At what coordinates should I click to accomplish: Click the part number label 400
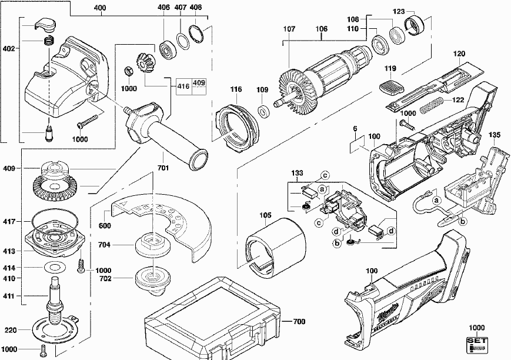pyautogui.click(x=100, y=8)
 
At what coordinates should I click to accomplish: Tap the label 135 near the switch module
pyautogui.click(x=495, y=135)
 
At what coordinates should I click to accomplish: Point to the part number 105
pyautogui.click(x=266, y=215)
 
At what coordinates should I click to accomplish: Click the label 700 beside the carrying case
pyautogui.click(x=299, y=322)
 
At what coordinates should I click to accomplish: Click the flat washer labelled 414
pyautogui.click(x=54, y=268)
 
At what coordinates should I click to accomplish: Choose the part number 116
pyautogui.click(x=236, y=89)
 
